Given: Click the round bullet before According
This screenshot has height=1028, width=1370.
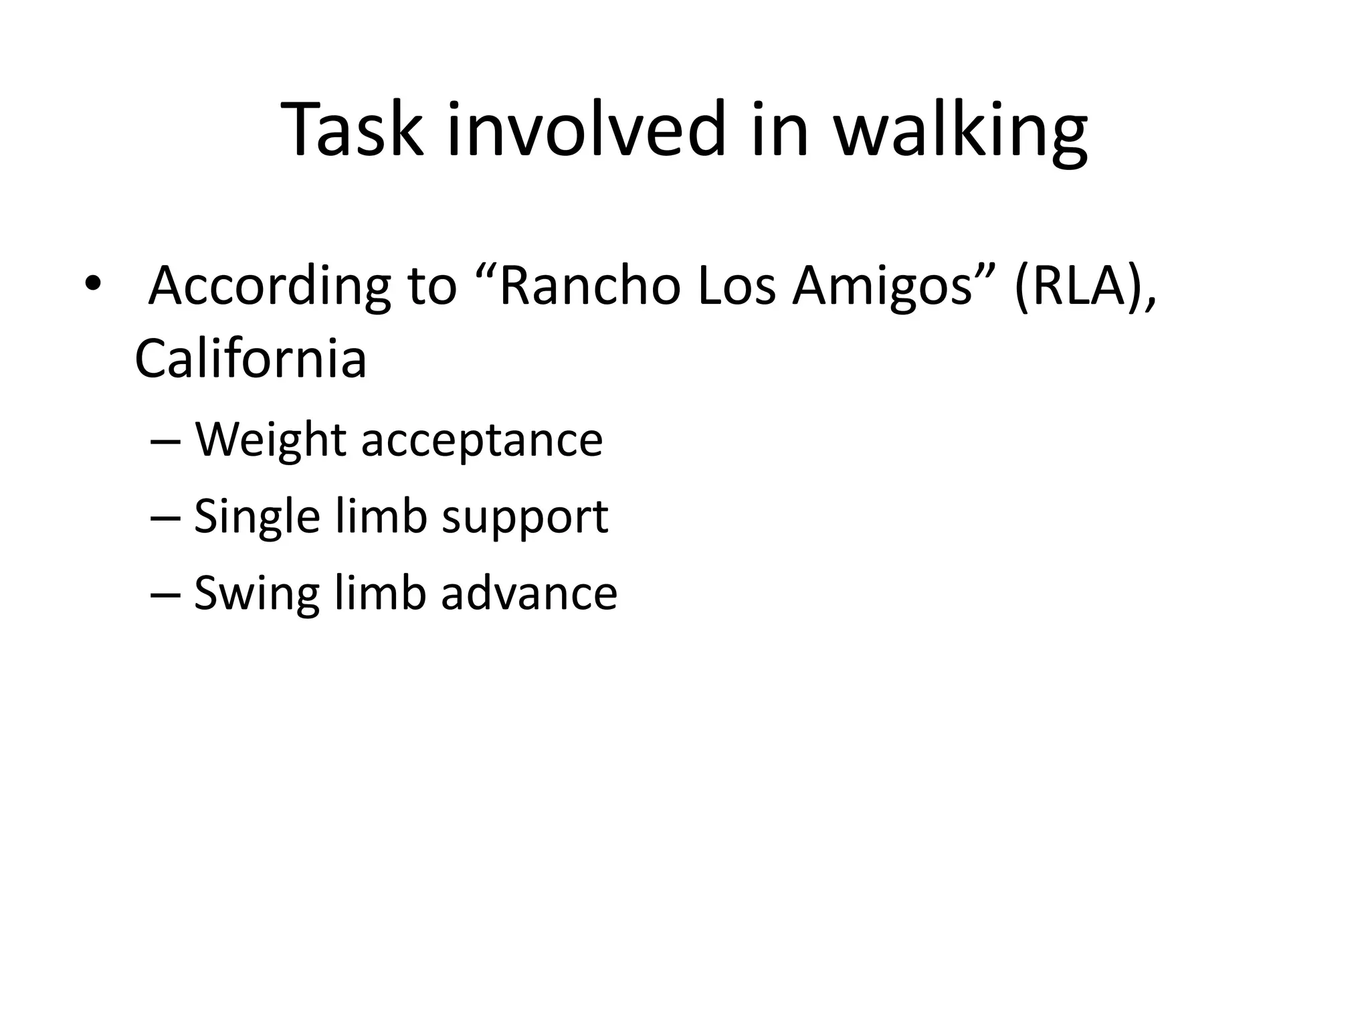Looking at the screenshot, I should click(x=93, y=284).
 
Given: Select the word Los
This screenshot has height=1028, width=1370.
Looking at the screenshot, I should click(x=736, y=286).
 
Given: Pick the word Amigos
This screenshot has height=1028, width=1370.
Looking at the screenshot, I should click(x=882, y=286).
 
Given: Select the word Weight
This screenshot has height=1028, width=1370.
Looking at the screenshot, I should click(x=270, y=441).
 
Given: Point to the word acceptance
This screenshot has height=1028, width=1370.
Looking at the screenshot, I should click(x=482, y=441).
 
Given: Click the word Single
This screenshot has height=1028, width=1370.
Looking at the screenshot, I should click(x=257, y=517).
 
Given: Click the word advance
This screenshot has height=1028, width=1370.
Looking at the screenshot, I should click(x=528, y=594).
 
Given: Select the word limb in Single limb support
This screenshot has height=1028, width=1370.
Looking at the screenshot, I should click(x=381, y=517).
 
